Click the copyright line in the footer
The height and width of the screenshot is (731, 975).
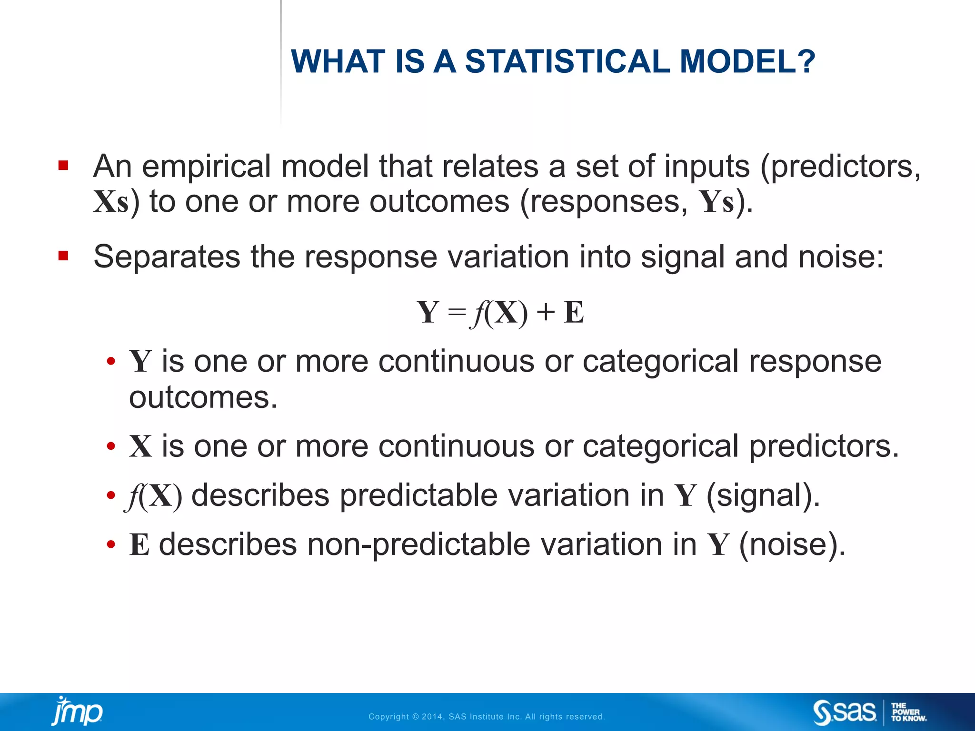tap(487, 717)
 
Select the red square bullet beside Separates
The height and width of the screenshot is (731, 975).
tap(63, 257)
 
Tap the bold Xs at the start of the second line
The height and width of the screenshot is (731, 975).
tap(111, 202)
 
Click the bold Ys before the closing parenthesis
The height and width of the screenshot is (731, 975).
tap(716, 202)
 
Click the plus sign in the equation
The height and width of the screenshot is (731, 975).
tap(546, 313)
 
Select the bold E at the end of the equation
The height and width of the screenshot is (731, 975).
tap(574, 313)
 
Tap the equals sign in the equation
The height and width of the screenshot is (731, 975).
tap(457, 313)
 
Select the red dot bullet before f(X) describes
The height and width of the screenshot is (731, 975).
tap(111, 495)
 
